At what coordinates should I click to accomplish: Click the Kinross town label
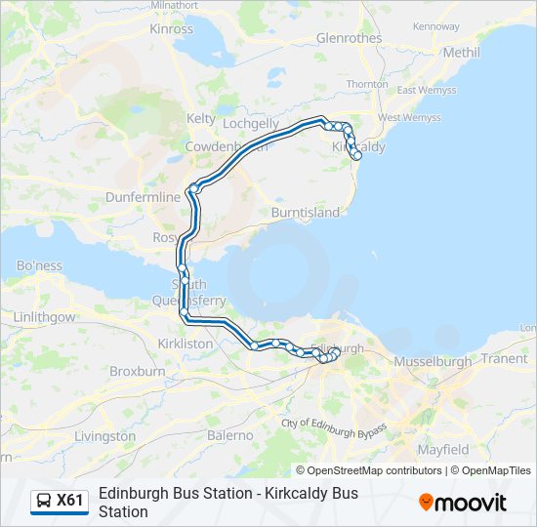[172, 29]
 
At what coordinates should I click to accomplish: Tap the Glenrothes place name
[350, 38]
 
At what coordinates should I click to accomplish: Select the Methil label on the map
[461, 52]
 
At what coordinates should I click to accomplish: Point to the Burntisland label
[306, 212]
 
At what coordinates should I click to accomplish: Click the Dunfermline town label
[144, 197]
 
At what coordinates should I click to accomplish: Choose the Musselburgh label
[433, 361]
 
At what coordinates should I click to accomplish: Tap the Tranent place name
[505, 358]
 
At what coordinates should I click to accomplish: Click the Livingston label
[104, 435]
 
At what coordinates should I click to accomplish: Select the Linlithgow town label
[44, 318]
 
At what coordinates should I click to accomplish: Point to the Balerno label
[230, 435]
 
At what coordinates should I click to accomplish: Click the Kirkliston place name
[186, 344]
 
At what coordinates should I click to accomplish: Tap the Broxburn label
[137, 372]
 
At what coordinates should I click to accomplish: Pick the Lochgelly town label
[251, 124]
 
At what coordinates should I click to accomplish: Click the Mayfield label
[443, 450]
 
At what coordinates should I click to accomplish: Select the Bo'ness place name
[39, 265]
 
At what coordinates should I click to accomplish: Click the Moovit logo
[463, 503]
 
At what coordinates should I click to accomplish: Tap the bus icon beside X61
[44, 501]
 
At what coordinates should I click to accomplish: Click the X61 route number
[70, 501]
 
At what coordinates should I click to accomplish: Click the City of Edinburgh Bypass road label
[334, 426]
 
